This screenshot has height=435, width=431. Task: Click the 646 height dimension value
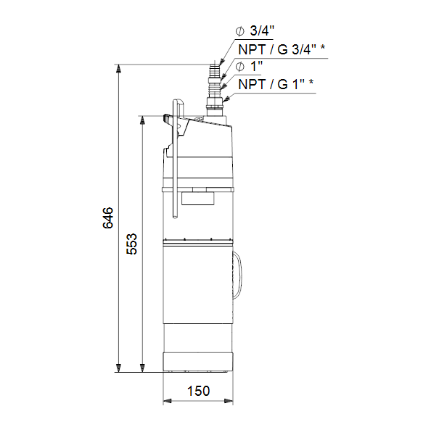click(107, 217)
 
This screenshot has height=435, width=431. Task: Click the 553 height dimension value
click(131, 244)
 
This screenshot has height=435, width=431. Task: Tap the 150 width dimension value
click(198, 391)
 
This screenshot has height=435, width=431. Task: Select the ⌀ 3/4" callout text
click(255, 30)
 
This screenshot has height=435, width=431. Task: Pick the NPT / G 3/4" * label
click(282, 49)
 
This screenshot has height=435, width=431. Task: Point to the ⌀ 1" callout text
click(249, 67)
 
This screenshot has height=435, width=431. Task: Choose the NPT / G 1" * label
click(276, 84)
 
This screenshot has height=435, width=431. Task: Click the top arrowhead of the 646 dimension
click(118, 69)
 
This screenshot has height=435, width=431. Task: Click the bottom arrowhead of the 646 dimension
click(118, 368)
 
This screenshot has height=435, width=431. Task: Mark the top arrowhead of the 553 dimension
click(142, 120)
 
